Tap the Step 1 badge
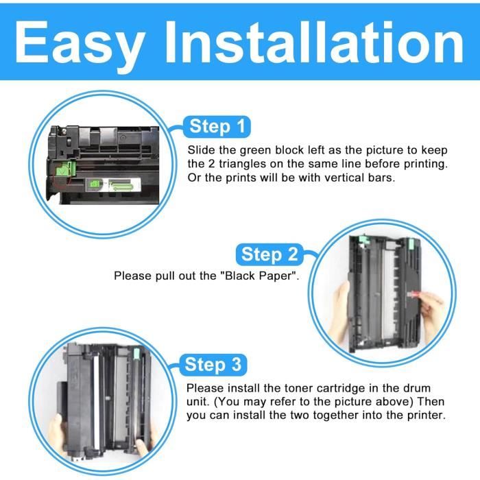coord(217,126)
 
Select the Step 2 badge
coord(270,254)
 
